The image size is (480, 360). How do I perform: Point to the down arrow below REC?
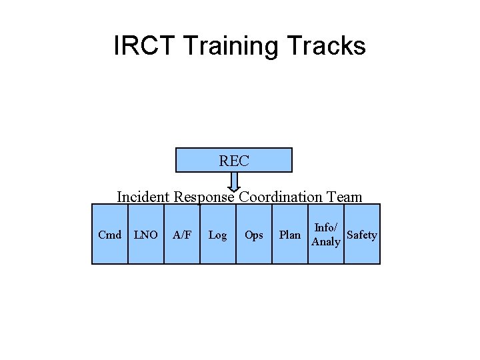click(x=234, y=182)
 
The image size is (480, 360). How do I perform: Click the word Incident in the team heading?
click(x=143, y=197)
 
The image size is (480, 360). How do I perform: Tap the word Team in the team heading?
click(x=345, y=197)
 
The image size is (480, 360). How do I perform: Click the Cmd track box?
click(x=109, y=235)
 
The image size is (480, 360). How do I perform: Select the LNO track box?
click(x=145, y=235)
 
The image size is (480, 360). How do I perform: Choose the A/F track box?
click(x=181, y=235)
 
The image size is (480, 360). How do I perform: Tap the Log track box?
click(x=217, y=235)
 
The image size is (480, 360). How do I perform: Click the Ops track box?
click(x=253, y=235)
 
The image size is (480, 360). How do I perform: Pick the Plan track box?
click(x=289, y=235)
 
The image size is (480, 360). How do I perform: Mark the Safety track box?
click(x=362, y=235)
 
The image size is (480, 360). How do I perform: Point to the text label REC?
click(x=233, y=161)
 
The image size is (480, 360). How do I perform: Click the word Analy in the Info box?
click(x=326, y=241)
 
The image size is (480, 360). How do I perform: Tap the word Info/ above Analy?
click(x=326, y=228)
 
